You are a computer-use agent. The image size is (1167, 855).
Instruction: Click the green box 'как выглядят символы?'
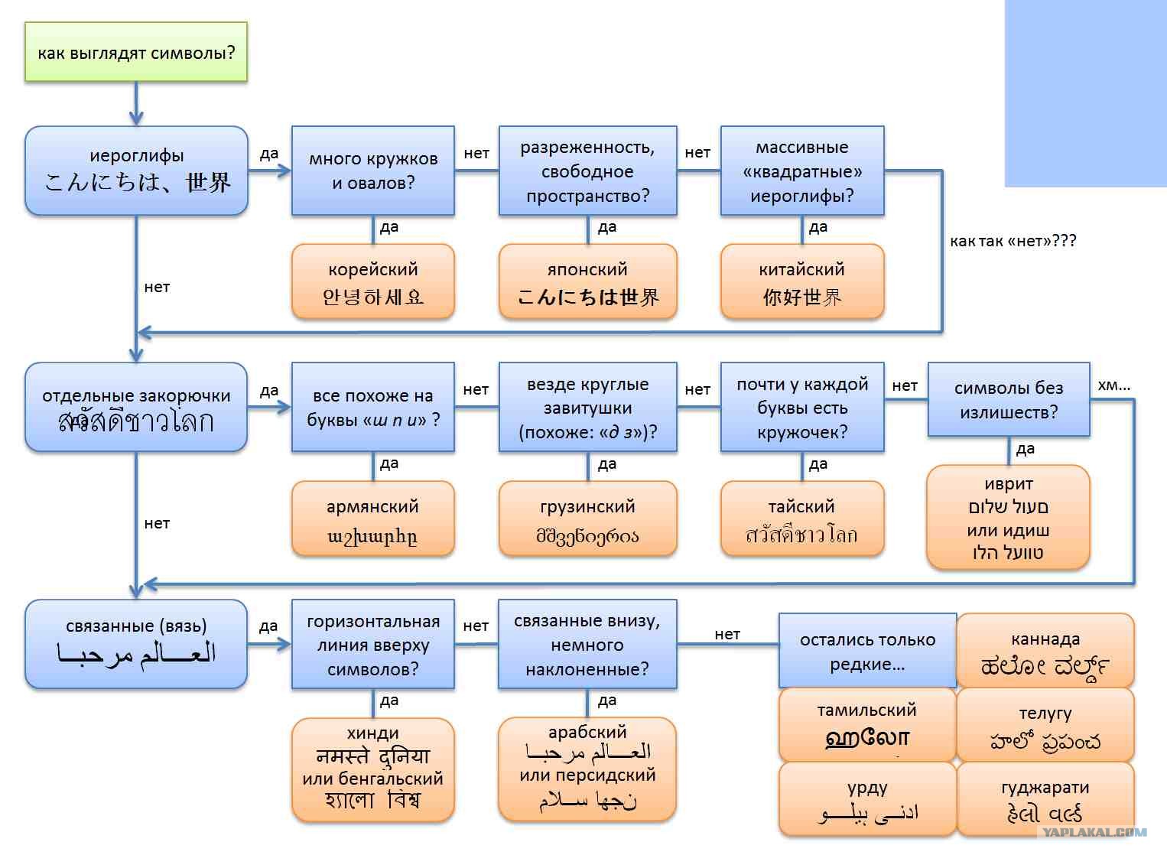pos(136,52)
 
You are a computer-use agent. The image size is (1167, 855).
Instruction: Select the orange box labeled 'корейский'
pos(372,281)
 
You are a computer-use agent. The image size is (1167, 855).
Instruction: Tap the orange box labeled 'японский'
pos(587,281)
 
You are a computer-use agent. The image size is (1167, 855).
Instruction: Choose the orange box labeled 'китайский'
pos(801,281)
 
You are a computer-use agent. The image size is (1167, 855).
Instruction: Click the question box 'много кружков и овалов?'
pos(372,171)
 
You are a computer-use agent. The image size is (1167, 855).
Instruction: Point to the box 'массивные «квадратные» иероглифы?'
pos(801,171)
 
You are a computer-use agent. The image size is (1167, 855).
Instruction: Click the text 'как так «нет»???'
pos(1013,241)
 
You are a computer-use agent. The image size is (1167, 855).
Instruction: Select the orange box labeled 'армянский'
pos(372,519)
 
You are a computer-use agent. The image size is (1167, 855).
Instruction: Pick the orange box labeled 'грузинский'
pos(587,519)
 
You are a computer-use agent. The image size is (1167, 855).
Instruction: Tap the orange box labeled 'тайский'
pos(801,519)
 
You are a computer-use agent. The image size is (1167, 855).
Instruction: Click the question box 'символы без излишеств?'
pos(1008,399)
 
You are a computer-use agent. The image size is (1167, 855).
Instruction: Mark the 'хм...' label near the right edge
pos(1113,385)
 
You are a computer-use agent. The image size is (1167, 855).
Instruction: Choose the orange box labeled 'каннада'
pos(1045,651)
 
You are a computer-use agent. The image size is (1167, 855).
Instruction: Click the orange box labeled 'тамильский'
pos(866,723)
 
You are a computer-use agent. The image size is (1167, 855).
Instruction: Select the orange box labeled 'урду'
pos(866,799)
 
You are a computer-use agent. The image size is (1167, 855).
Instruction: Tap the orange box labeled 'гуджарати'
pos(1045,799)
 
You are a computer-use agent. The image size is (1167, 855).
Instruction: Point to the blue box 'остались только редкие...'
pos(866,651)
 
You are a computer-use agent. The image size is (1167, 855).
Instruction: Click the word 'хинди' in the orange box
pos(372,733)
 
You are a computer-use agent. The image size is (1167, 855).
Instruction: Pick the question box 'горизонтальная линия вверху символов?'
pos(372,645)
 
